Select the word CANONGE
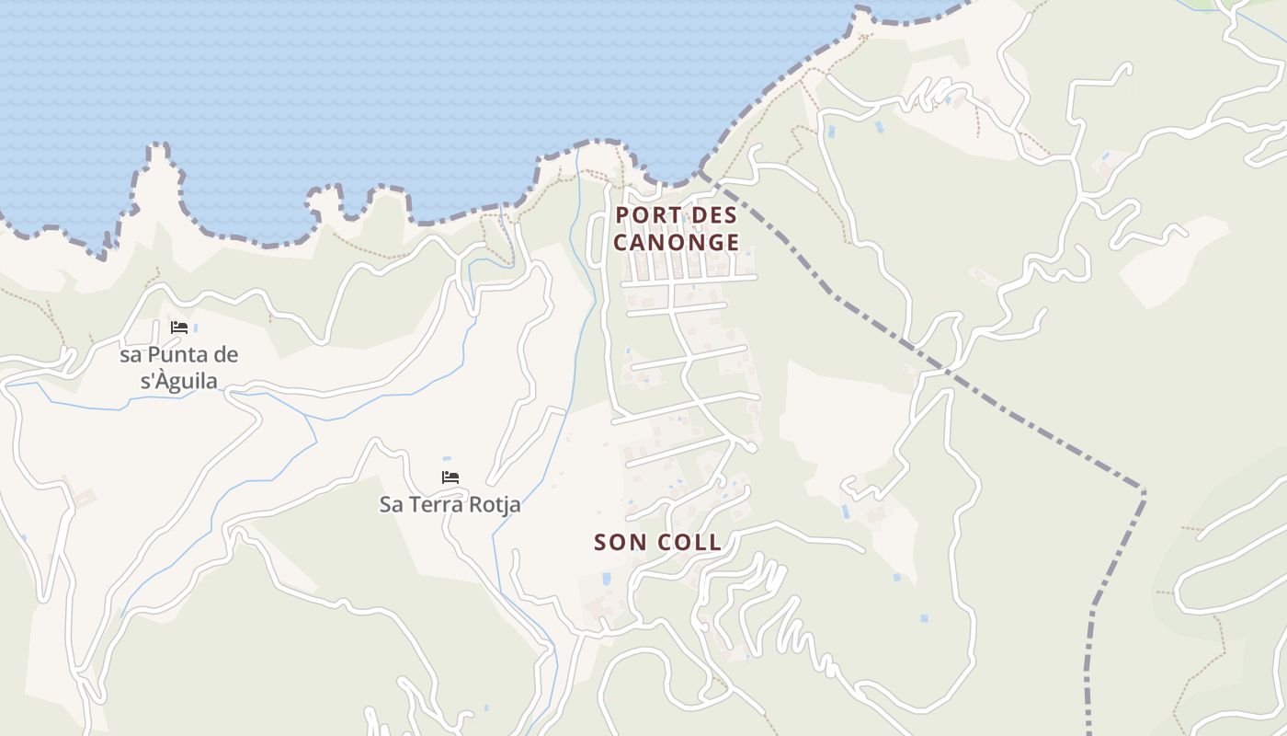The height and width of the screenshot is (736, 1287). (x=677, y=243)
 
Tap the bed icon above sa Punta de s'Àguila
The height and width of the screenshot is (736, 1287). (x=179, y=328)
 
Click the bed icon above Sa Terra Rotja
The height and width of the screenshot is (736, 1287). (x=450, y=477)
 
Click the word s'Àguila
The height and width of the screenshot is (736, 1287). (x=180, y=381)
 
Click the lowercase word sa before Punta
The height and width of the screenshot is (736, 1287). (x=131, y=355)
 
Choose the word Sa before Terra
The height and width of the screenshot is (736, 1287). (x=392, y=504)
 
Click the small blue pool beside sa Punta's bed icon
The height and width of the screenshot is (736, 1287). (x=196, y=328)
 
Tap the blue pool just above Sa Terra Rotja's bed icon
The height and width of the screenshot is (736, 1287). (x=447, y=458)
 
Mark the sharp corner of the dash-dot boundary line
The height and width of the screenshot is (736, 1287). (x=1144, y=491)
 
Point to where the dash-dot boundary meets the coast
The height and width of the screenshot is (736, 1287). (x=701, y=172)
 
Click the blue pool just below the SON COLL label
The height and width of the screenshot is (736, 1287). (x=606, y=579)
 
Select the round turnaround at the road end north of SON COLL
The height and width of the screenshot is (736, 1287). (x=752, y=447)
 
